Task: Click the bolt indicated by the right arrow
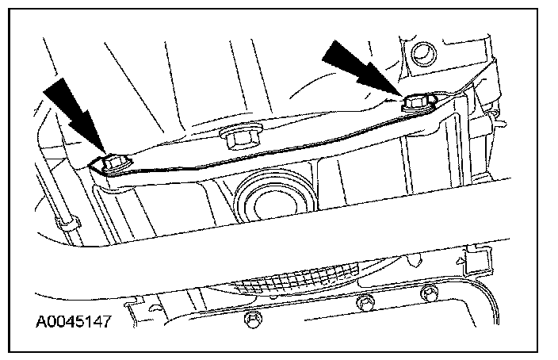pyautogui.click(x=418, y=102)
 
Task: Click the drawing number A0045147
pyautogui.click(x=73, y=323)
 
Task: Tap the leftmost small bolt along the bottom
pyautogui.click(x=251, y=320)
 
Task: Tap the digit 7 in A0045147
pyautogui.click(x=105, y=323)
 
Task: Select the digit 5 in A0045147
pyautogui.click(x=78, y=323)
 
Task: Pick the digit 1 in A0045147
pyautogui.click(x=87, y=323)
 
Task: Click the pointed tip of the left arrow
pyautogui.click(x=103, y=154)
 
